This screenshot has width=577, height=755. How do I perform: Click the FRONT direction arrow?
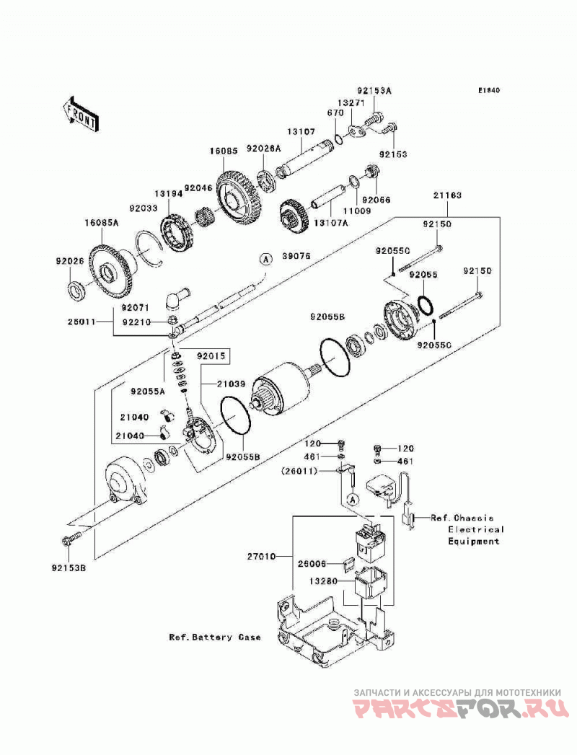[80, 114]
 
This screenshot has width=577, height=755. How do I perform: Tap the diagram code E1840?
[489, 90]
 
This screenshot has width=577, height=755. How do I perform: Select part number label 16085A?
[102, 223]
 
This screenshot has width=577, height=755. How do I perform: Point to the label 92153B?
[69, 568]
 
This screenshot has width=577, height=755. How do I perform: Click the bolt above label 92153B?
[71, 539]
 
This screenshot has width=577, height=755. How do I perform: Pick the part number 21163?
[447, 195]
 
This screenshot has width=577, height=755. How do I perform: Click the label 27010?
[262, 557]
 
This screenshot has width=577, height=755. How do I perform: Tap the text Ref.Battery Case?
[215, 637]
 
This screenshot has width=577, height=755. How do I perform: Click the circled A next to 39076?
[265, 259]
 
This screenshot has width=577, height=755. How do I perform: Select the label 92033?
[143, 209]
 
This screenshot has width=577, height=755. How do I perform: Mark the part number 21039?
[231, 384]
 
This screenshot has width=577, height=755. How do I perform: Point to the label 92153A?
[374, 90]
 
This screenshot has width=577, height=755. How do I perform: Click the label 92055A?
[147, 391]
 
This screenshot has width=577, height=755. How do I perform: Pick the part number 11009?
[356, 211]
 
